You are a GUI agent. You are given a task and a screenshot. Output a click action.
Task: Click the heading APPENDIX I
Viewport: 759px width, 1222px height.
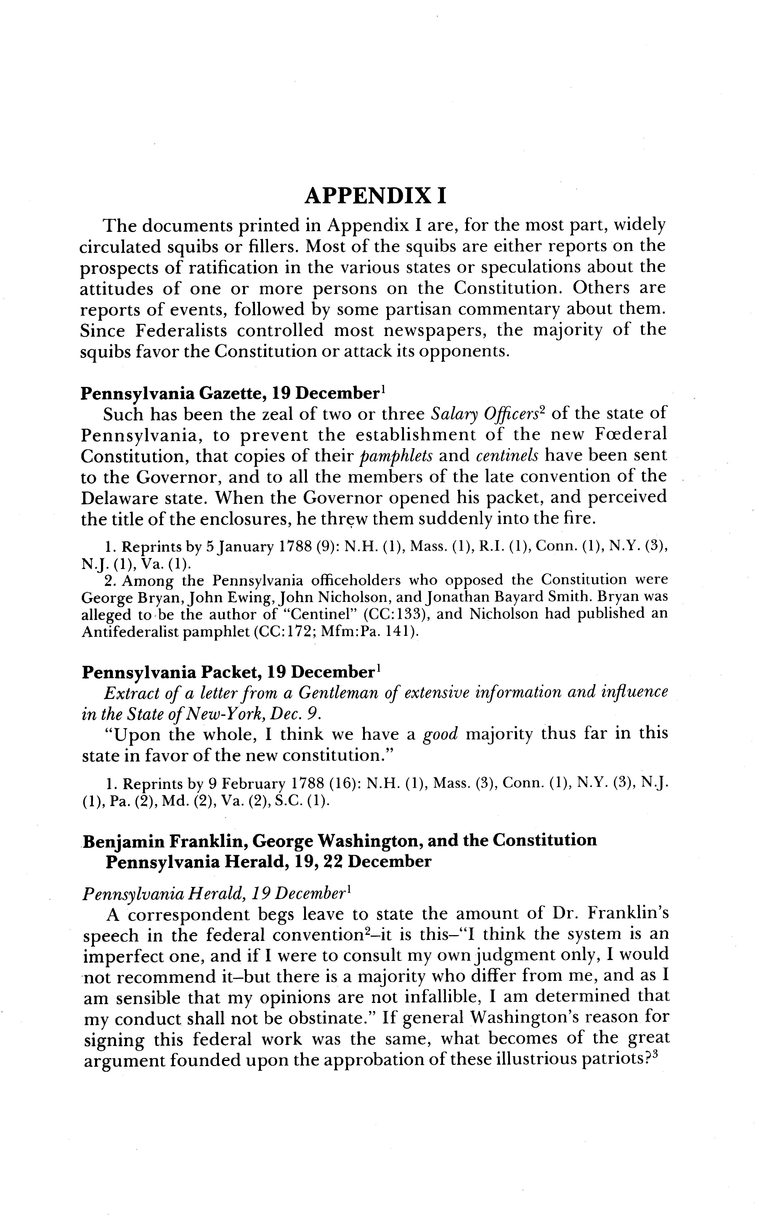click(375, 196)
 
